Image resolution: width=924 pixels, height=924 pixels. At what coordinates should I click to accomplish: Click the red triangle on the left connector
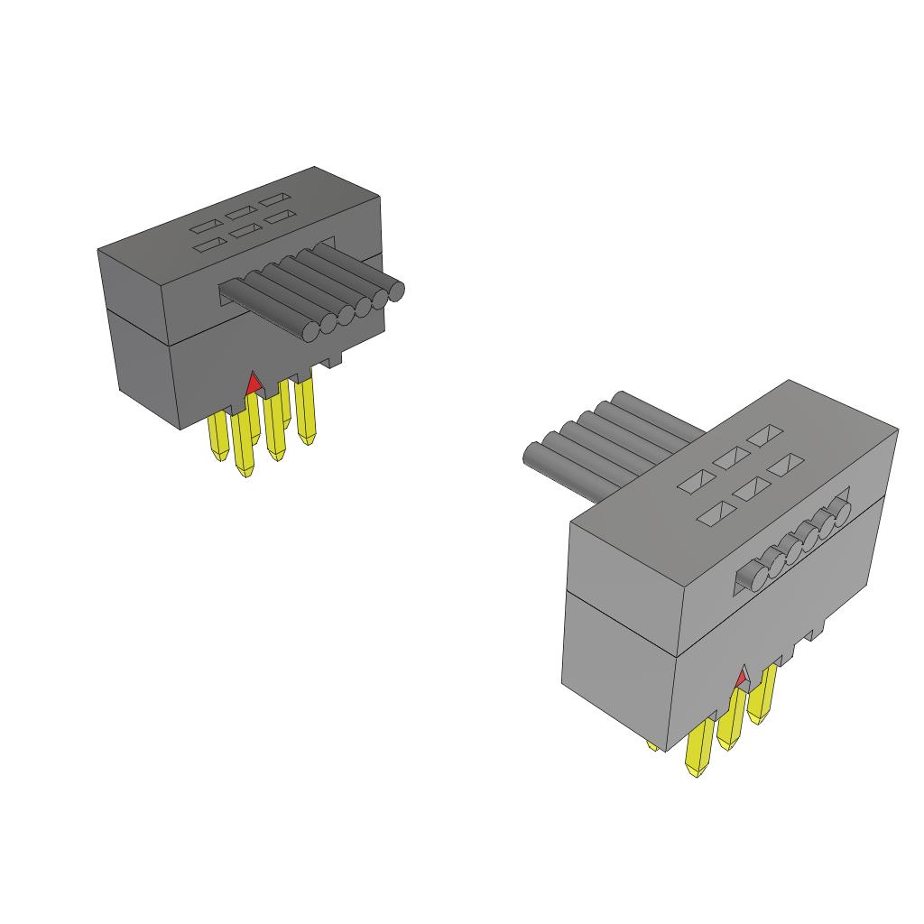(x=254, y=383)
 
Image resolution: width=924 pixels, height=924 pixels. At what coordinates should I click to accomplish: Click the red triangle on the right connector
(x=742, y=677)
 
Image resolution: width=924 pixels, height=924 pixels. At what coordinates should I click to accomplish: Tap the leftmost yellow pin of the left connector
(x=218, y=439)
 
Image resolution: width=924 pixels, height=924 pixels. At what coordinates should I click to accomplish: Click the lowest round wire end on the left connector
(x=310, y=330)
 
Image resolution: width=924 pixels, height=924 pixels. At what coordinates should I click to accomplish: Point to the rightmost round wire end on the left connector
(x=395, y=291)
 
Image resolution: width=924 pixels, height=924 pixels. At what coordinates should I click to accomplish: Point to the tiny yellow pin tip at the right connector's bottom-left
(x=652, y=745)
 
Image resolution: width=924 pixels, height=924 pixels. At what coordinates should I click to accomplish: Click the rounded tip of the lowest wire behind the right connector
(x=532, y=457)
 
